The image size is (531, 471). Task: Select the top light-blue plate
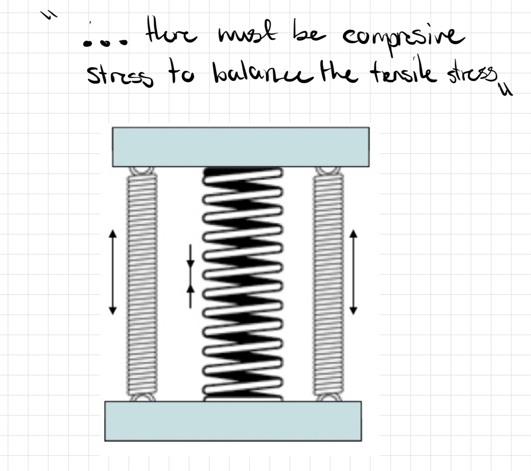(x=240, y=147)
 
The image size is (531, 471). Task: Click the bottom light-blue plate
(x=233, y=421)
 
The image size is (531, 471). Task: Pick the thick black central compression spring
(x=244, y=283)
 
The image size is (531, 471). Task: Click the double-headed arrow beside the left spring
(x=113, y=272)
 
